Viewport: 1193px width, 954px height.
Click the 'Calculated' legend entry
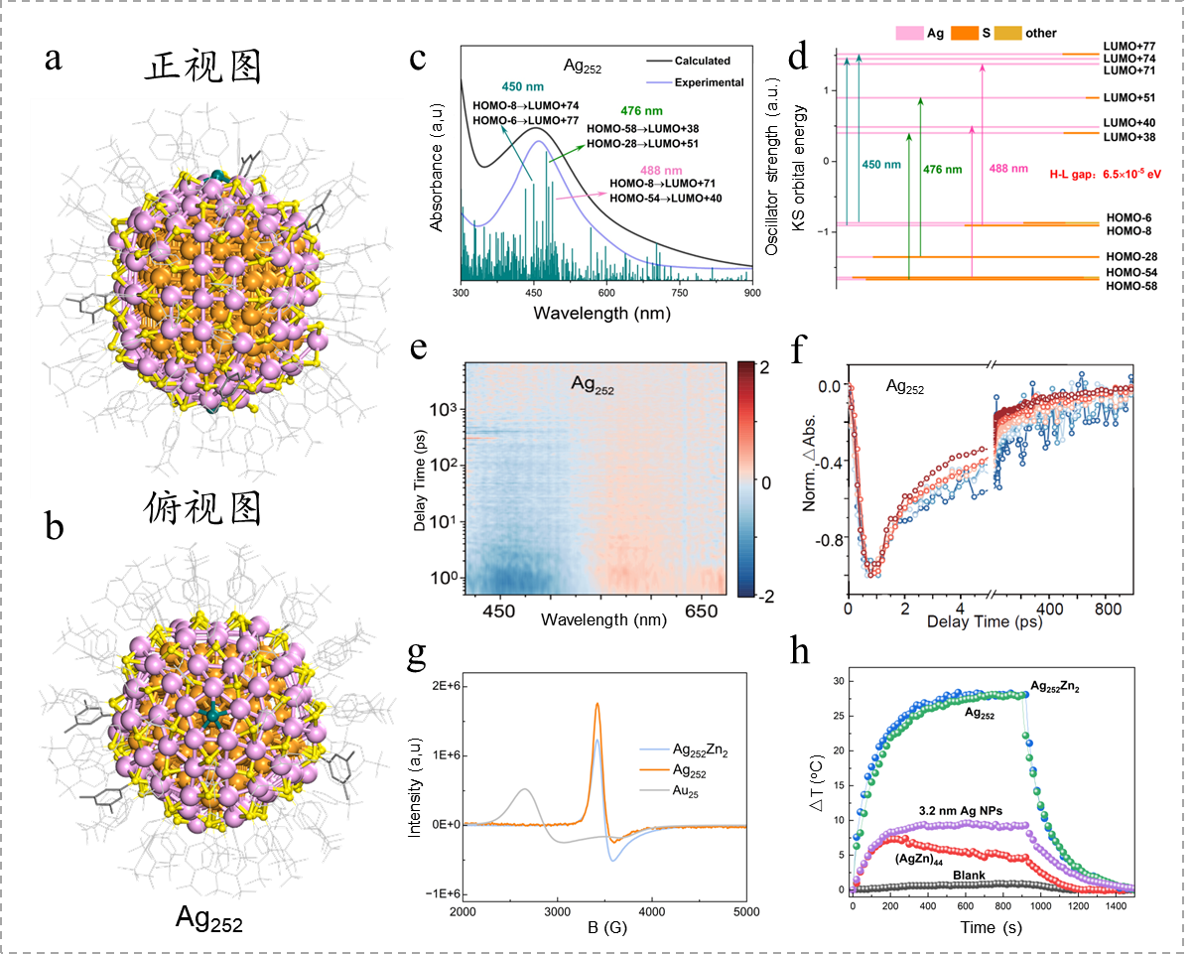(x=709, y=60)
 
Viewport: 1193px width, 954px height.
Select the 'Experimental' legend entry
(x=711, y=82)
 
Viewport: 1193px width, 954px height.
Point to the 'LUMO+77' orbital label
(x=1129, y=47)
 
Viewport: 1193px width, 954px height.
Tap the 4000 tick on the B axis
(x=651, y=910)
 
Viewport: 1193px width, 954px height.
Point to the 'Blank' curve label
(x=973, y=875)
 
